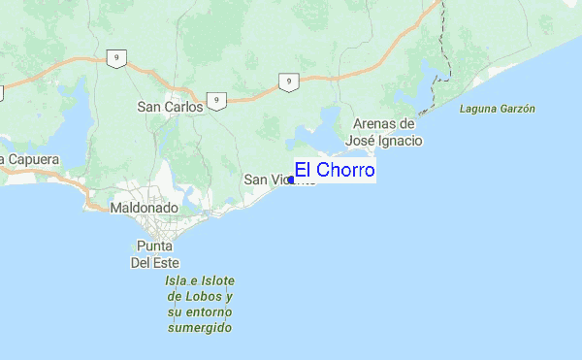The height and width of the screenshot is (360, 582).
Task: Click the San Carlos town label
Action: click(x=171, y=107)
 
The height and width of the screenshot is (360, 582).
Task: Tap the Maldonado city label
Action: click(x=143, y=208)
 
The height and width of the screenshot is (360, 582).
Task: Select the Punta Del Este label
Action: click(x=154, y=253)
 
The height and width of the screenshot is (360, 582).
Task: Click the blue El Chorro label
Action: click(x=335, y=171)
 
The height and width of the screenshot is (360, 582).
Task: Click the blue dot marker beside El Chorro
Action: click(x=291, y=180)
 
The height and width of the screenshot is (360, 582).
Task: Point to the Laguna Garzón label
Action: click(x=498, y=110)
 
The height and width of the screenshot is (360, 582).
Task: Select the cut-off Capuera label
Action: click(x=30, y=159)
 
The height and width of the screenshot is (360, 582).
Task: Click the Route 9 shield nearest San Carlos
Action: click(x=219, y=100)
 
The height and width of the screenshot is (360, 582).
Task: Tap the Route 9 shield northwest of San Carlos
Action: click(x=115, y=59)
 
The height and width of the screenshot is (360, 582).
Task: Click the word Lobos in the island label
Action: click(x=212, y=295)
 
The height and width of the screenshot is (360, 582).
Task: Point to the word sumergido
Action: click(x=199, y=328)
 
